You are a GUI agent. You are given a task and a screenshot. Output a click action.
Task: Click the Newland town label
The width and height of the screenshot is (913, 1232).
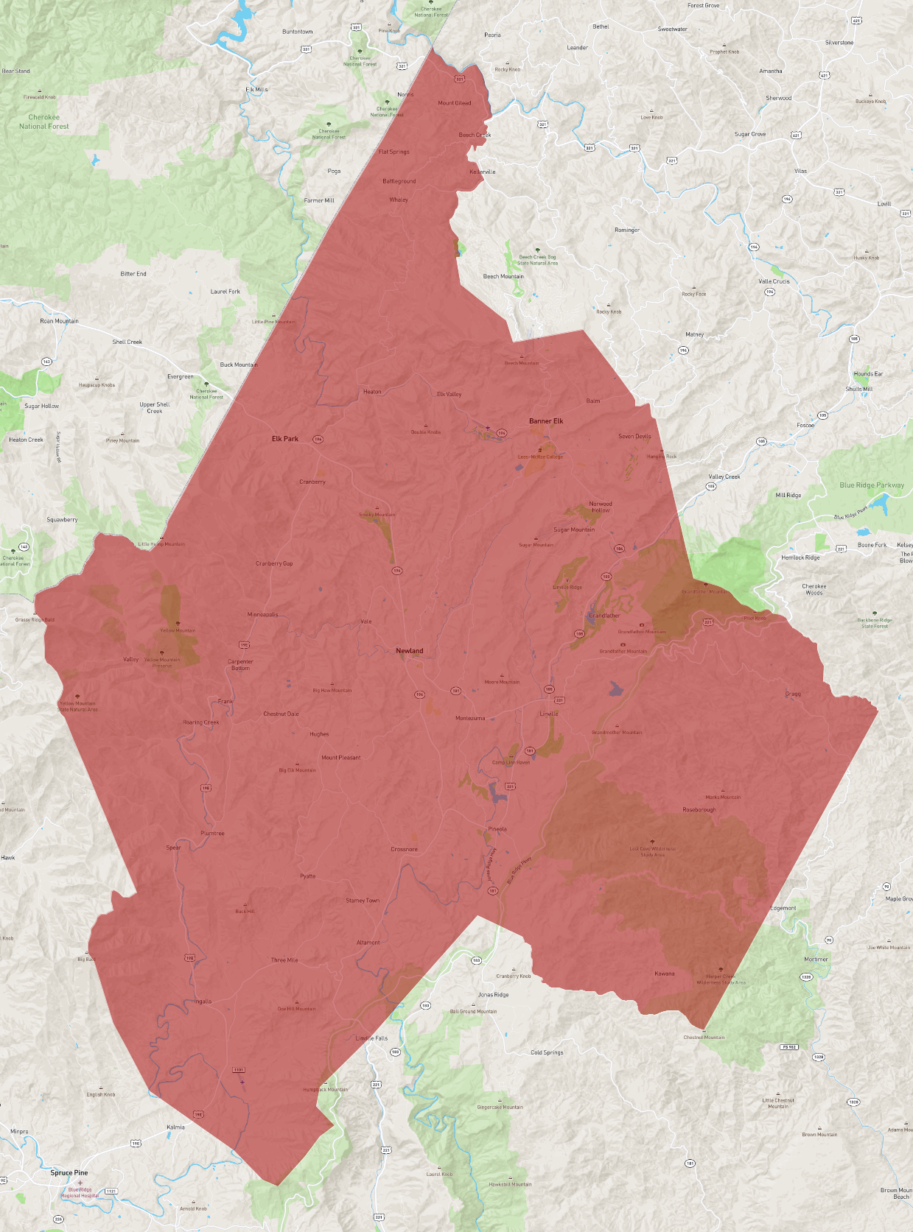[410, 651]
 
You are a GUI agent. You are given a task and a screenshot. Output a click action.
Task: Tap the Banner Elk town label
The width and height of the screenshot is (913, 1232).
[546, 421]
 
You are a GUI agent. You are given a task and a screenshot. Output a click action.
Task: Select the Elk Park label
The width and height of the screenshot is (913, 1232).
[285, 439]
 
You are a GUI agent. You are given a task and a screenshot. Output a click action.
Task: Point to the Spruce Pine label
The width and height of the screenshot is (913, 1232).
[69, 1172]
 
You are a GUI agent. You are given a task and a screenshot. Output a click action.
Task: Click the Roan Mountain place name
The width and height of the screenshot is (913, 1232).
[59, 321]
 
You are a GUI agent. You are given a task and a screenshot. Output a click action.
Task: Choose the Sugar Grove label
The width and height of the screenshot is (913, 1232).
[750, 134]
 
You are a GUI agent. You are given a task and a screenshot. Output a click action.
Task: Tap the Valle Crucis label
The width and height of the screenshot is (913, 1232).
[774, 281]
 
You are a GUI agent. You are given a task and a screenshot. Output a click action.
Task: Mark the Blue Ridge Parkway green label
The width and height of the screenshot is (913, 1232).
[872, 485]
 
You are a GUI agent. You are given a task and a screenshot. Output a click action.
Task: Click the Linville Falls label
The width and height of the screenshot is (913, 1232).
[371, 1038]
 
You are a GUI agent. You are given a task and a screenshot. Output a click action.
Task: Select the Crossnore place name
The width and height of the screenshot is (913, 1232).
[404, 849]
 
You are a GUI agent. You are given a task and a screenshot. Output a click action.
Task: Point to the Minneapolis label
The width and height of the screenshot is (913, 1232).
[263, 615]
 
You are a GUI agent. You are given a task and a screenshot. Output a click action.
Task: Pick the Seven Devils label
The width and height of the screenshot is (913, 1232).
[634, 437]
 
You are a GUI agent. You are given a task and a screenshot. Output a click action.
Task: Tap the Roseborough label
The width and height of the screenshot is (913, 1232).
[699, 810]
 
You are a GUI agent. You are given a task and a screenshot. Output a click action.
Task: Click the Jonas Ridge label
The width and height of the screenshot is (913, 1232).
[493, 995]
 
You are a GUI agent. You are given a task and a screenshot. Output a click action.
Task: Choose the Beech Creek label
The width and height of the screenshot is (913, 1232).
[475, 135]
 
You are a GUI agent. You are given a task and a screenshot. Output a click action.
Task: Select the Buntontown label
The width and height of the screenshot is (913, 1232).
[298, 32]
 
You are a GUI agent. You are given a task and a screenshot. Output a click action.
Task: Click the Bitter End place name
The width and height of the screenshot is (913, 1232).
[133, 274]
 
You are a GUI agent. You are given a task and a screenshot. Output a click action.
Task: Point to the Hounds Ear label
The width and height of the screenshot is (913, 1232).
[868, 374]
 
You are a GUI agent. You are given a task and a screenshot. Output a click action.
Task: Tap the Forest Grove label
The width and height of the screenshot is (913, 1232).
[704, 6]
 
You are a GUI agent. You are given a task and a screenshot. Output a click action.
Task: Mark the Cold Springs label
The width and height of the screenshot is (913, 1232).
[547, 1053]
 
